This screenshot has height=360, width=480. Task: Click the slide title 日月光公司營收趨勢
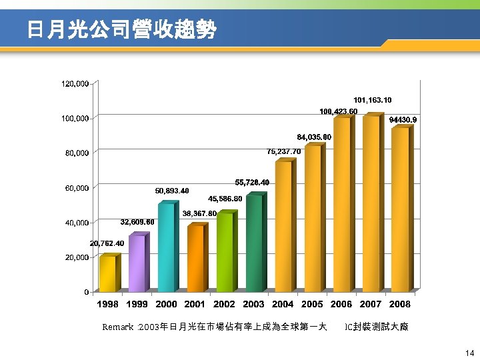pos(122,29)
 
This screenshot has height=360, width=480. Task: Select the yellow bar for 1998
pos(107,274)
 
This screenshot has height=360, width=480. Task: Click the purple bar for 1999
pos(137,263)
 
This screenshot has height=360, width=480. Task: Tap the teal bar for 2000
pos(166,248)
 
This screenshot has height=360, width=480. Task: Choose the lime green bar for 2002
pos(225,253)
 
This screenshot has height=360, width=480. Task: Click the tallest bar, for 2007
pos(371,203)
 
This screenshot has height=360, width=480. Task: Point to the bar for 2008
pos(400,209)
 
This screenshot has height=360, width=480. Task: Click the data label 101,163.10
pos(372,100)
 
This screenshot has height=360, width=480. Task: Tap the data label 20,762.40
pos(107,244)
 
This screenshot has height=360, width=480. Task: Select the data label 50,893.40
pos(172,191)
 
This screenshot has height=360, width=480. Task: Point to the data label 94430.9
pos(403,120)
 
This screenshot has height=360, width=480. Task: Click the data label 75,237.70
pos(284,151)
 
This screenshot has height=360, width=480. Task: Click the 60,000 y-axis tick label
pos(77,188)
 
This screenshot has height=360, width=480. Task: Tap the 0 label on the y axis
pos(87,292)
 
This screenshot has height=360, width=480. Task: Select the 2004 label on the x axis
pos(283,305)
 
